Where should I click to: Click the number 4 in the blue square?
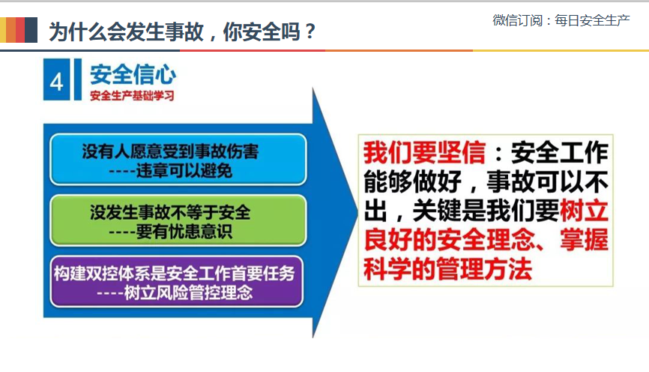tap(57, 82)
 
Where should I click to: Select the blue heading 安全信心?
tap(133, 74)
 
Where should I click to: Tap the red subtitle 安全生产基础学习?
tap(132, 96)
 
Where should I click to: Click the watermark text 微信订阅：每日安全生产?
tap(561, 20)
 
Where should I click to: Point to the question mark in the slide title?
tap(310, 31)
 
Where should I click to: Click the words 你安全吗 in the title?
tap(261, 31)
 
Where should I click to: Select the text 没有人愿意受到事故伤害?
tap(170, 151)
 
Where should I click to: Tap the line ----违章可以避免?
tap(170, 170)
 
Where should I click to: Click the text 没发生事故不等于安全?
tap(170, 212)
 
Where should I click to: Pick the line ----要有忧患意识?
tap(170, 232)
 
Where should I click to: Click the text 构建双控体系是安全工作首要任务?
tap(175, 274)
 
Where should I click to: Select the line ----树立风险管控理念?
tap(175, 292)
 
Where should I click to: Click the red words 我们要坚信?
tap(425, 152)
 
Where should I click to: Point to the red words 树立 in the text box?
tap(584, 211)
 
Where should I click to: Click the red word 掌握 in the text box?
tap(584, 239)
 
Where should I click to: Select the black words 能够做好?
tap(412, 181)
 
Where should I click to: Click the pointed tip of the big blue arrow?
tap(357, 212)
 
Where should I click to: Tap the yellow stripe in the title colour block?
tap(3, 30)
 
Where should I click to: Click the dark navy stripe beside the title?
tap(31, 30)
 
